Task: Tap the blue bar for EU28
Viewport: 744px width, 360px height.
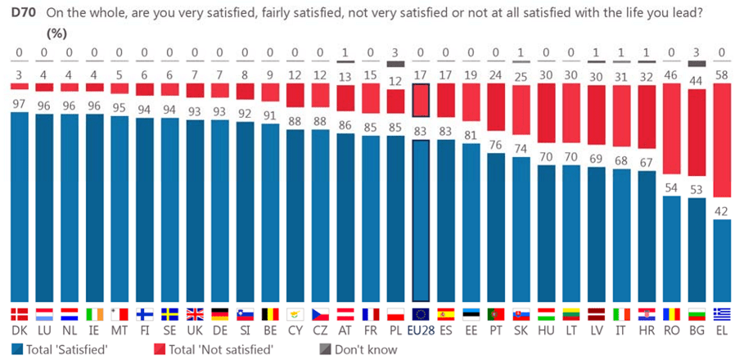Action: coord(421,221)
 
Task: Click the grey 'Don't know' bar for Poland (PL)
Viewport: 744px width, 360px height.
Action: coord(395,64)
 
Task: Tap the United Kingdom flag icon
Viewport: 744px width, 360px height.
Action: coord(195,314)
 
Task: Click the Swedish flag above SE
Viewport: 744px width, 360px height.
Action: coord(169,314)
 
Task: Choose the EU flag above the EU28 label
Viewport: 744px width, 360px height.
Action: coord(421,314)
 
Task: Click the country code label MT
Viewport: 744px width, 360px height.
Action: coord(119,331)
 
